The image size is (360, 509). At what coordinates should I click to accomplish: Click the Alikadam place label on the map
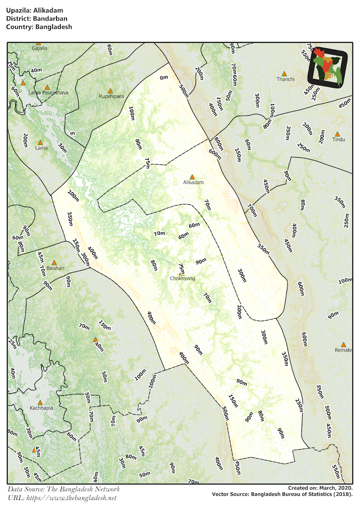(193, 182)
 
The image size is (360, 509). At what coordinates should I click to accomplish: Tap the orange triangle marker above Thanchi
(284, 74)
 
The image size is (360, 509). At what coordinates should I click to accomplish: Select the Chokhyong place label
(183, 278)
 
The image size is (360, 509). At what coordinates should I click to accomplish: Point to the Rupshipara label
(111, 96)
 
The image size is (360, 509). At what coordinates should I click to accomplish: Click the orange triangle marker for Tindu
(338, 134)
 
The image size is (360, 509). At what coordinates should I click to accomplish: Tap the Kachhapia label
(42, 408)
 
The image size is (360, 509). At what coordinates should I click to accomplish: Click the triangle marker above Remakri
(343, 344)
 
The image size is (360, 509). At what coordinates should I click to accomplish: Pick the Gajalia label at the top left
(39, 48)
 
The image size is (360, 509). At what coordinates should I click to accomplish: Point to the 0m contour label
(164, 78)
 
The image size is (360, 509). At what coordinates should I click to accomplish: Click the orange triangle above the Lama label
(40, 143)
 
